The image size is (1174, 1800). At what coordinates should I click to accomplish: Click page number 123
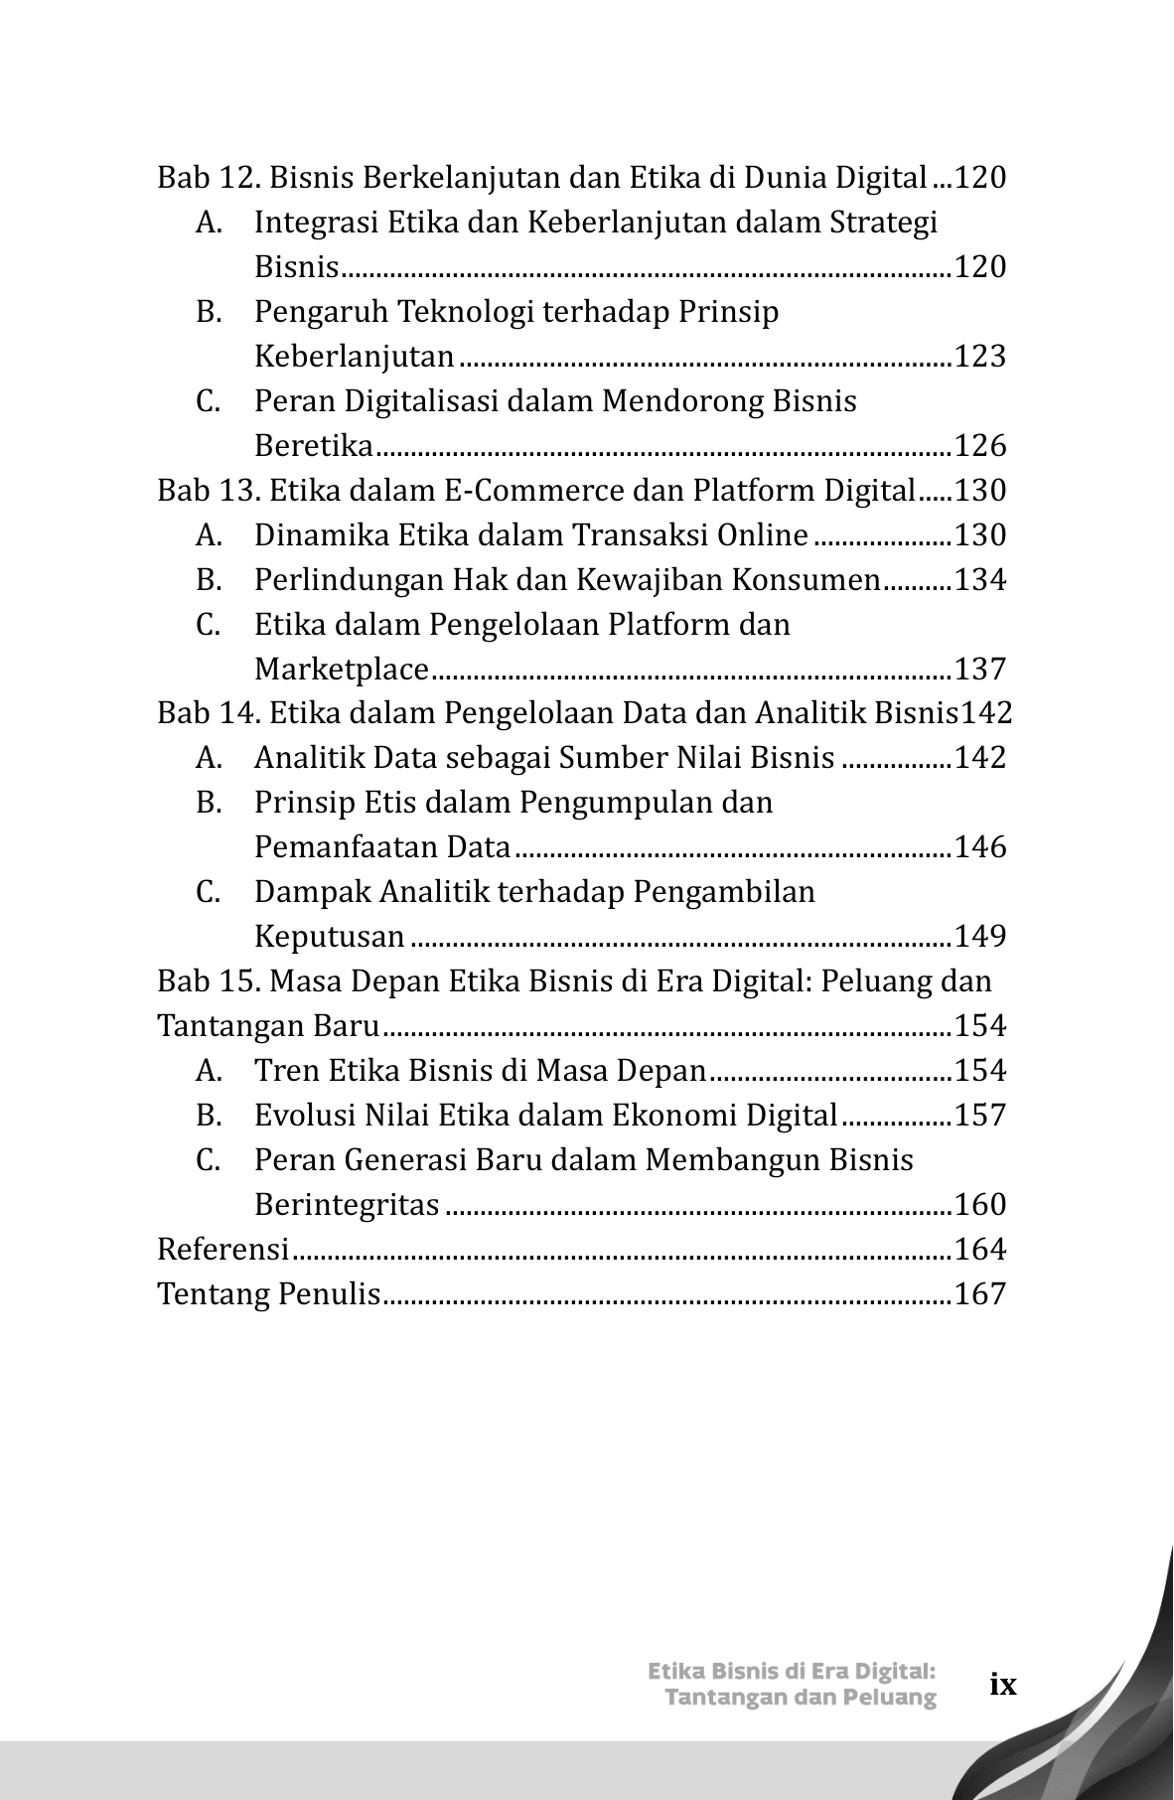979,357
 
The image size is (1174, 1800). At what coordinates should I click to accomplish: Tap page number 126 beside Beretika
979,446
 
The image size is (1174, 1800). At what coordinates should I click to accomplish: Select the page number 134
979,580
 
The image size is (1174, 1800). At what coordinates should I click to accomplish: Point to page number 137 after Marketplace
979,670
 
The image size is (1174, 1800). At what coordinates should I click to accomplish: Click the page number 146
979,847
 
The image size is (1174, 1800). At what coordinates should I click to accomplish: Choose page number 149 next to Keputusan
979,937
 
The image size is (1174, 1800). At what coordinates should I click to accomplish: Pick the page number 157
979,1116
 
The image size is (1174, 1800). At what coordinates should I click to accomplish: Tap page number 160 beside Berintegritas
979,1205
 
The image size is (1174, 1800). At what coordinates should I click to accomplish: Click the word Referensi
222,1250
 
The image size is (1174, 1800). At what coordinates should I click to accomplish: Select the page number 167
979,1294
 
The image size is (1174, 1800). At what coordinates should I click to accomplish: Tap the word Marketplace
341,670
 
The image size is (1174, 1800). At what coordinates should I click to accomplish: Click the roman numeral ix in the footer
1003,1685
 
